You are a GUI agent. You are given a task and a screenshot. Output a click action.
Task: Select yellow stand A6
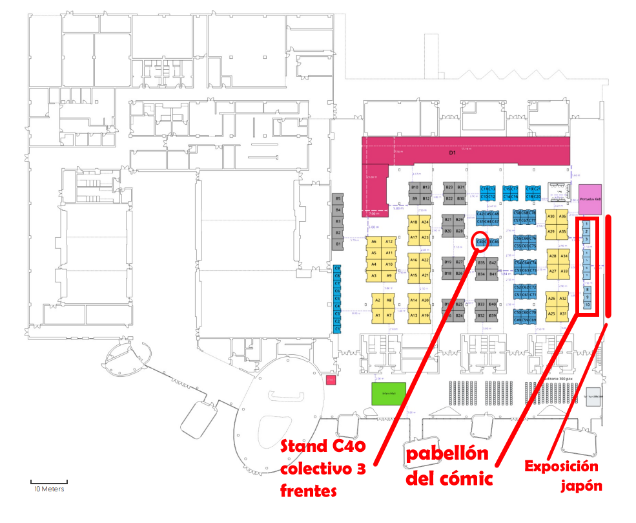click(x=374, y=242)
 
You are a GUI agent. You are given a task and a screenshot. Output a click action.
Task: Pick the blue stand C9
click(x=337, y=268)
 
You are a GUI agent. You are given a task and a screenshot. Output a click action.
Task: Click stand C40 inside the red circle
click(x=480, y=242)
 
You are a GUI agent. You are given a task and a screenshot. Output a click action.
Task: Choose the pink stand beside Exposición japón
click(x=590, y=199)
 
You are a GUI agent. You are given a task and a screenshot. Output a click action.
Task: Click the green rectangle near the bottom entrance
click(x=389, y=392)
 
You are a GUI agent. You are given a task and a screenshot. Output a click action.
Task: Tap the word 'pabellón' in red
click(x=447, y=454)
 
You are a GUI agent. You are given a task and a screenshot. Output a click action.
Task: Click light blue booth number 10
click(x=586, y=304)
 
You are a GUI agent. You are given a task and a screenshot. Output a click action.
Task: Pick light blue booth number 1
click(x=586, y=224)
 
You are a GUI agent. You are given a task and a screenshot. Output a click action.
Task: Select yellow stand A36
click(x=562, y=217)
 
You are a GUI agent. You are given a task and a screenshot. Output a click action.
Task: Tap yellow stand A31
click(x=562, y=314)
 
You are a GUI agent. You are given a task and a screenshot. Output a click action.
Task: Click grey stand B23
click(x=449, y=187)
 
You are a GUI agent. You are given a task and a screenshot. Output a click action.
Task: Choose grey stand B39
click(x=492, y=315)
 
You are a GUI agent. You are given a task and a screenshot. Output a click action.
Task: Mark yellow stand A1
click(x=378, y=315)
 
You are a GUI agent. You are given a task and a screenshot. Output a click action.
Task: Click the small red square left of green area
click(x=331, y=381)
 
